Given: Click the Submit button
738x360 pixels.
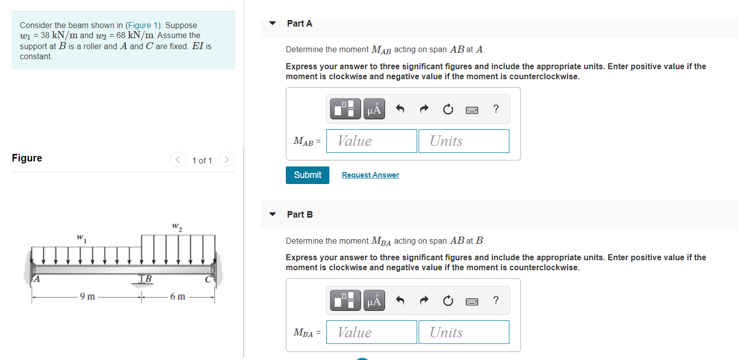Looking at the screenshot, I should (x=307, y=175).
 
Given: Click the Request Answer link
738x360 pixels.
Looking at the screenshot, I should (x=370, y=175).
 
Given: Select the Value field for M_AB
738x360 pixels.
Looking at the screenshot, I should (x=372, y=141).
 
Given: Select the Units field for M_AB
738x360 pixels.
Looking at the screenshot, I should (x=463, y=141).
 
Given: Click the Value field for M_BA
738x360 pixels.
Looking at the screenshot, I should (x=372, y=332).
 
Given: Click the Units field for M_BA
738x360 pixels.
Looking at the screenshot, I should (x=463, y=332).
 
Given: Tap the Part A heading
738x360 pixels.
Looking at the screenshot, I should (x=299, y=24).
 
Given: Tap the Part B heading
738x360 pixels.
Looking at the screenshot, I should (x=300, y=215).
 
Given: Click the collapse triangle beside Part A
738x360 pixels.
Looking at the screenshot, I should (x=272, y=23).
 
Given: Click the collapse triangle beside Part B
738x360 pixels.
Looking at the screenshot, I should (x=272, y=214).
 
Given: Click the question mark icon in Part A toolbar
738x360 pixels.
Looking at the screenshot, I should (x=496, y=109).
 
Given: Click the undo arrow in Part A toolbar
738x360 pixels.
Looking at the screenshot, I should (x=400, y=109).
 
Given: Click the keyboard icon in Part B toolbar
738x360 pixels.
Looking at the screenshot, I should (x=471, y=301).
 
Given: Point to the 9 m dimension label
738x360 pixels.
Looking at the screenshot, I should (x=88, y=296).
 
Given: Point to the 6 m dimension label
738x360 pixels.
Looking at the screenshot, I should (x=177, y=296).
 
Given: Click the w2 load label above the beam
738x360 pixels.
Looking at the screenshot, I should (x=177, y=226).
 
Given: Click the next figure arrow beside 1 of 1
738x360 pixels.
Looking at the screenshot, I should (x=227, y=160).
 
